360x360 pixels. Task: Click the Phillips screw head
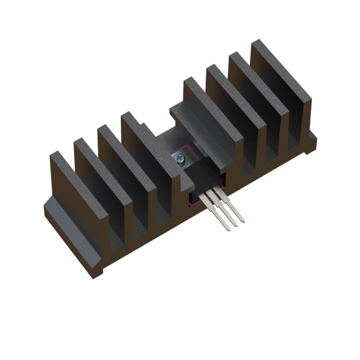point(179,160)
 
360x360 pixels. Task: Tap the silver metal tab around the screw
point(186,153)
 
